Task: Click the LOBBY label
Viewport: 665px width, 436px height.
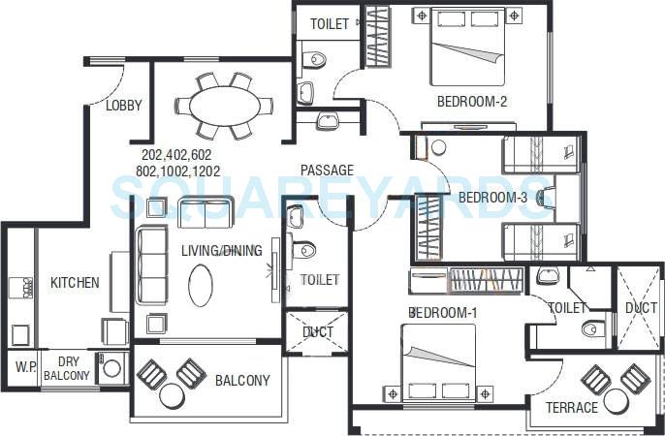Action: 124,106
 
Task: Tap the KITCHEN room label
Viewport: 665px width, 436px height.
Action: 75,283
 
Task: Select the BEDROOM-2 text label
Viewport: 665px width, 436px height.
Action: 472,101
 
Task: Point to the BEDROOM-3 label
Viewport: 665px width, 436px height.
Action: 492,198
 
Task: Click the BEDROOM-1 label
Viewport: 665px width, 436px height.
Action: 443,312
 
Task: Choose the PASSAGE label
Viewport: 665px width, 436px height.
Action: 327,171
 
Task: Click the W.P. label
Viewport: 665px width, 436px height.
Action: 23,368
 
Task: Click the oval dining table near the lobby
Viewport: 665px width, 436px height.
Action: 224,105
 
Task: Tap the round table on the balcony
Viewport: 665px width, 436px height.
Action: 173,394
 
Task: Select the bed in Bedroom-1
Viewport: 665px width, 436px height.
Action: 438,360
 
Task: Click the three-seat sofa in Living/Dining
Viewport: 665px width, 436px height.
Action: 150,264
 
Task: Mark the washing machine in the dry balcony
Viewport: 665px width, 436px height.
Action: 111,369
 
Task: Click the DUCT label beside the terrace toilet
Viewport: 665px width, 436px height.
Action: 641,307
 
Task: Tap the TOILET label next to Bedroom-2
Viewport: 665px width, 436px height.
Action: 330,24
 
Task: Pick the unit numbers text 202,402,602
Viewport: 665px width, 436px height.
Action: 175,155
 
